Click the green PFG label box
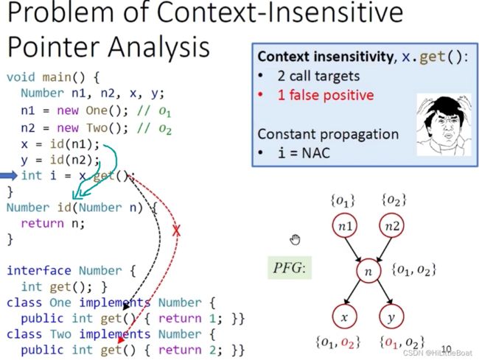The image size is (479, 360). [290, 268]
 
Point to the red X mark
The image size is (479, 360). [176, 230]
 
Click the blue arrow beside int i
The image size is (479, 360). [9, 175]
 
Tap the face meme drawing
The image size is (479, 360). [444, 124]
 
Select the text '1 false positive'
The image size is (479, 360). [326, 95]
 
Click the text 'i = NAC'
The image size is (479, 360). [304, 152]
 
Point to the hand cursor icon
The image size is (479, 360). [295, 240]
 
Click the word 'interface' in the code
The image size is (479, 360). [39, 271]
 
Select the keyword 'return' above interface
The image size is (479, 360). [42, 224]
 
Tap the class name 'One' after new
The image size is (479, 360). [97, 110]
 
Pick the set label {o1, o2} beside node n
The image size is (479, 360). [413, 270]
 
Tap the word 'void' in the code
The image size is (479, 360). [21, 77]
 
